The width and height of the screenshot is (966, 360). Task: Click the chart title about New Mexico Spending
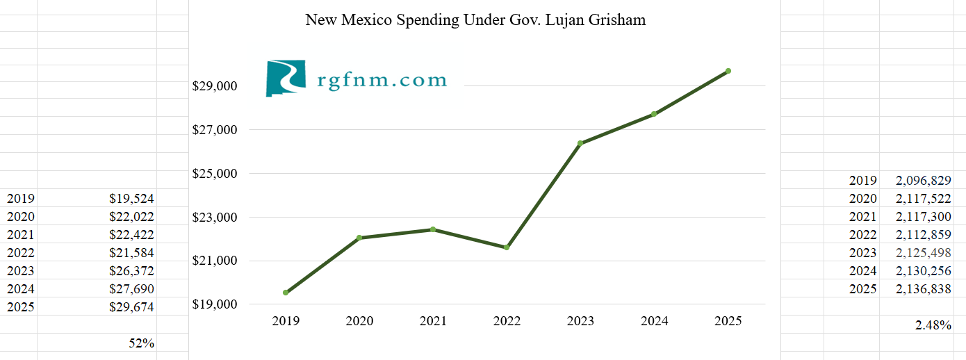click(x=475, y=20)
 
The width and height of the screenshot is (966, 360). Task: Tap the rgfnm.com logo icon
click(x=286, y=79)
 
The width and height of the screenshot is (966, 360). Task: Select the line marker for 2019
click(x=286, y=293)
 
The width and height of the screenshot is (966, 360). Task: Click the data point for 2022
click(x=507, y=247)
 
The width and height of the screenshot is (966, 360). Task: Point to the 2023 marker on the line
click(x=580, y=143)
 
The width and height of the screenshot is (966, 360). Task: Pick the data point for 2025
click(x=728, y=71)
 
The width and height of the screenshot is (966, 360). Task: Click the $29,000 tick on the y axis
click(x=215, y=86)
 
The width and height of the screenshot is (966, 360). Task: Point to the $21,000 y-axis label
click(x=215, y=261)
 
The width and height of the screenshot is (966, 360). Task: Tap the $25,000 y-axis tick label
click(x=215, y=173)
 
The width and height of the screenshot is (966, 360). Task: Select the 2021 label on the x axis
click(x=433, y=321)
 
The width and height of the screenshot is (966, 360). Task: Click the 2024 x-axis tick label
click(x=654, y=321)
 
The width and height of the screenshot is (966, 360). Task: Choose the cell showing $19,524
click(x=131, y=198)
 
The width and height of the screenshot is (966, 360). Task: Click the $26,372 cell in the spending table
click(x=131, y=270)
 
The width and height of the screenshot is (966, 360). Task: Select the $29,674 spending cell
click(x=131, y=306)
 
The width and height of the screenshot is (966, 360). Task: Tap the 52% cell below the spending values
click(x=142, y=343)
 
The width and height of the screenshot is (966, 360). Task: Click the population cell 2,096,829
click(x=923, y=181)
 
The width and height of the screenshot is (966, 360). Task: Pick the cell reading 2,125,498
click(x=923, y=253)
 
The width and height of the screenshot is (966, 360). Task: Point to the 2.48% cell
click(x=933, y=324)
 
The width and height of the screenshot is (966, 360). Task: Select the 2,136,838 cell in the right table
click(x=923, y=289)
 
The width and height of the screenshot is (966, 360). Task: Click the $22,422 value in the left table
click(x=131, y=234)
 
